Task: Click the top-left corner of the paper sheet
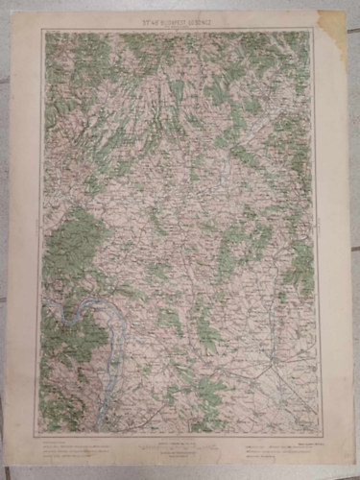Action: [23, 16]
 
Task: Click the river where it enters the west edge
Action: [43, 308]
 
